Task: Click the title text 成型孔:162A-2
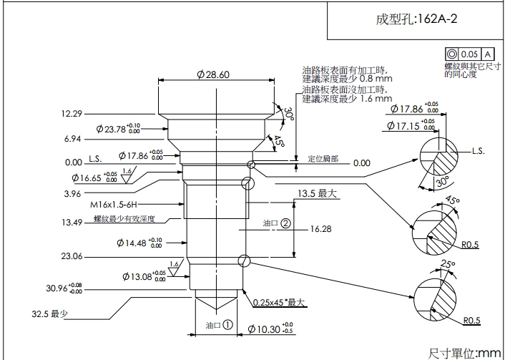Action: (x=416, y=19)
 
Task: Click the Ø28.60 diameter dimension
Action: (x=212, y=75)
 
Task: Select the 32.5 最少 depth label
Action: (x=49, y=313)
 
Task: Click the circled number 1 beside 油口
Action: (x=228, y=323)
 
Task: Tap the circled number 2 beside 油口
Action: (x=285, y=223)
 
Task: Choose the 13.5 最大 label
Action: (x=317, y=193)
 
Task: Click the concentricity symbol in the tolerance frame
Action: (x=451, y=54)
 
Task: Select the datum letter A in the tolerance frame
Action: (x=488, y=54)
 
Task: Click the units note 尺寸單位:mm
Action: (x=464, y=352)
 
